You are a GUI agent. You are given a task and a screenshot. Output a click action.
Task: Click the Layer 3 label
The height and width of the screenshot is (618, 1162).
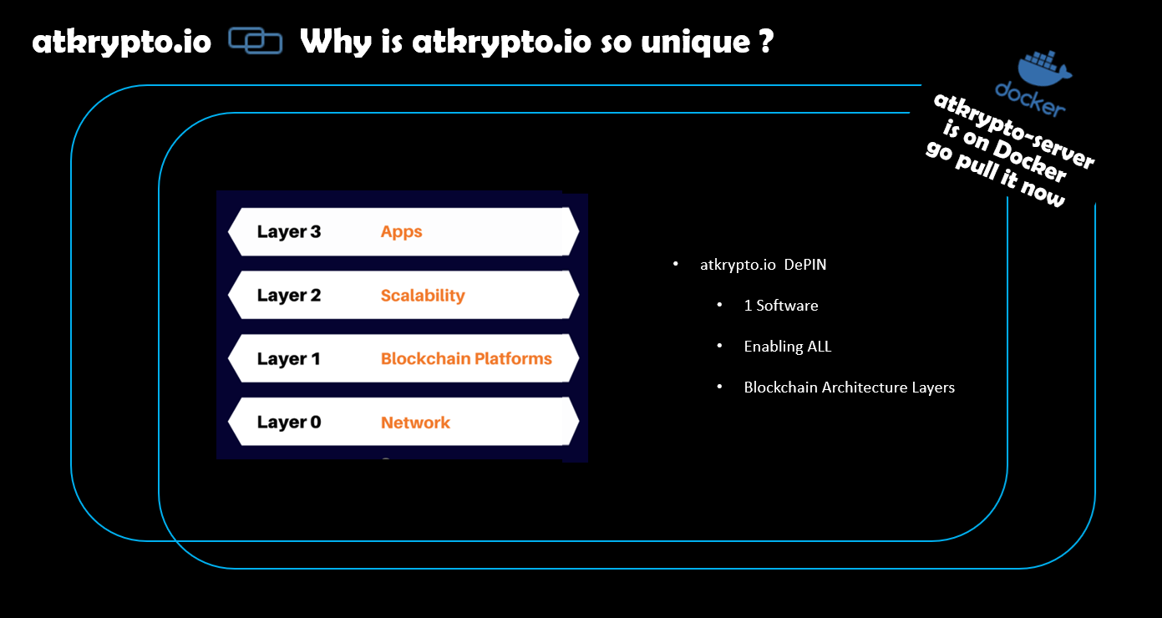(289, 232)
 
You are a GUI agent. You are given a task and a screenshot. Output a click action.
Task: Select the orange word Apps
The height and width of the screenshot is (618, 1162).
(402, 232)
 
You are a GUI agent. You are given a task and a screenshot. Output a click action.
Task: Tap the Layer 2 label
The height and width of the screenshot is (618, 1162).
(289, 296)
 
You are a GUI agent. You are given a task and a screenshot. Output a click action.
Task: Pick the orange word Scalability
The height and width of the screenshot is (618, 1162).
(423, 296)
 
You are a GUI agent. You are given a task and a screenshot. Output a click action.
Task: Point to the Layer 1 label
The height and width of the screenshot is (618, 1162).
(288, 359)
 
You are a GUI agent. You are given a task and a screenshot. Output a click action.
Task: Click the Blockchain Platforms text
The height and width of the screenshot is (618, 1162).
(466, 359)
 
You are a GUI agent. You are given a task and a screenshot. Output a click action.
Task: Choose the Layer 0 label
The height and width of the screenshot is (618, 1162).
(289, 422)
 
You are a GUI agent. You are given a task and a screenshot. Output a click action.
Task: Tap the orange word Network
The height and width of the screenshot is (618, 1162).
(415, 423)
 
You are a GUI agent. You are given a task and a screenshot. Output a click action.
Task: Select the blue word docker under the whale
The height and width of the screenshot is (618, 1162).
(1030, 99)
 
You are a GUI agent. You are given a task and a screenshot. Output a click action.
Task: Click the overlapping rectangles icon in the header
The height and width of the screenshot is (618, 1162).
(256, 40)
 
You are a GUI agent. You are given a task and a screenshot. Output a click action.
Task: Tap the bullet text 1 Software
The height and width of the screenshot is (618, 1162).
(781, 306)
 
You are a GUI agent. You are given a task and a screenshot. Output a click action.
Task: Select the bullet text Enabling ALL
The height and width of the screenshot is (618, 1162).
(788, 347)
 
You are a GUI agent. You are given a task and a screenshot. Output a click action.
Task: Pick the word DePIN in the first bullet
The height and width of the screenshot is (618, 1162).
(805, 265)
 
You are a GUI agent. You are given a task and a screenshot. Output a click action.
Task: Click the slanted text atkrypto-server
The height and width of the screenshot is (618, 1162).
(1013, 130)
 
